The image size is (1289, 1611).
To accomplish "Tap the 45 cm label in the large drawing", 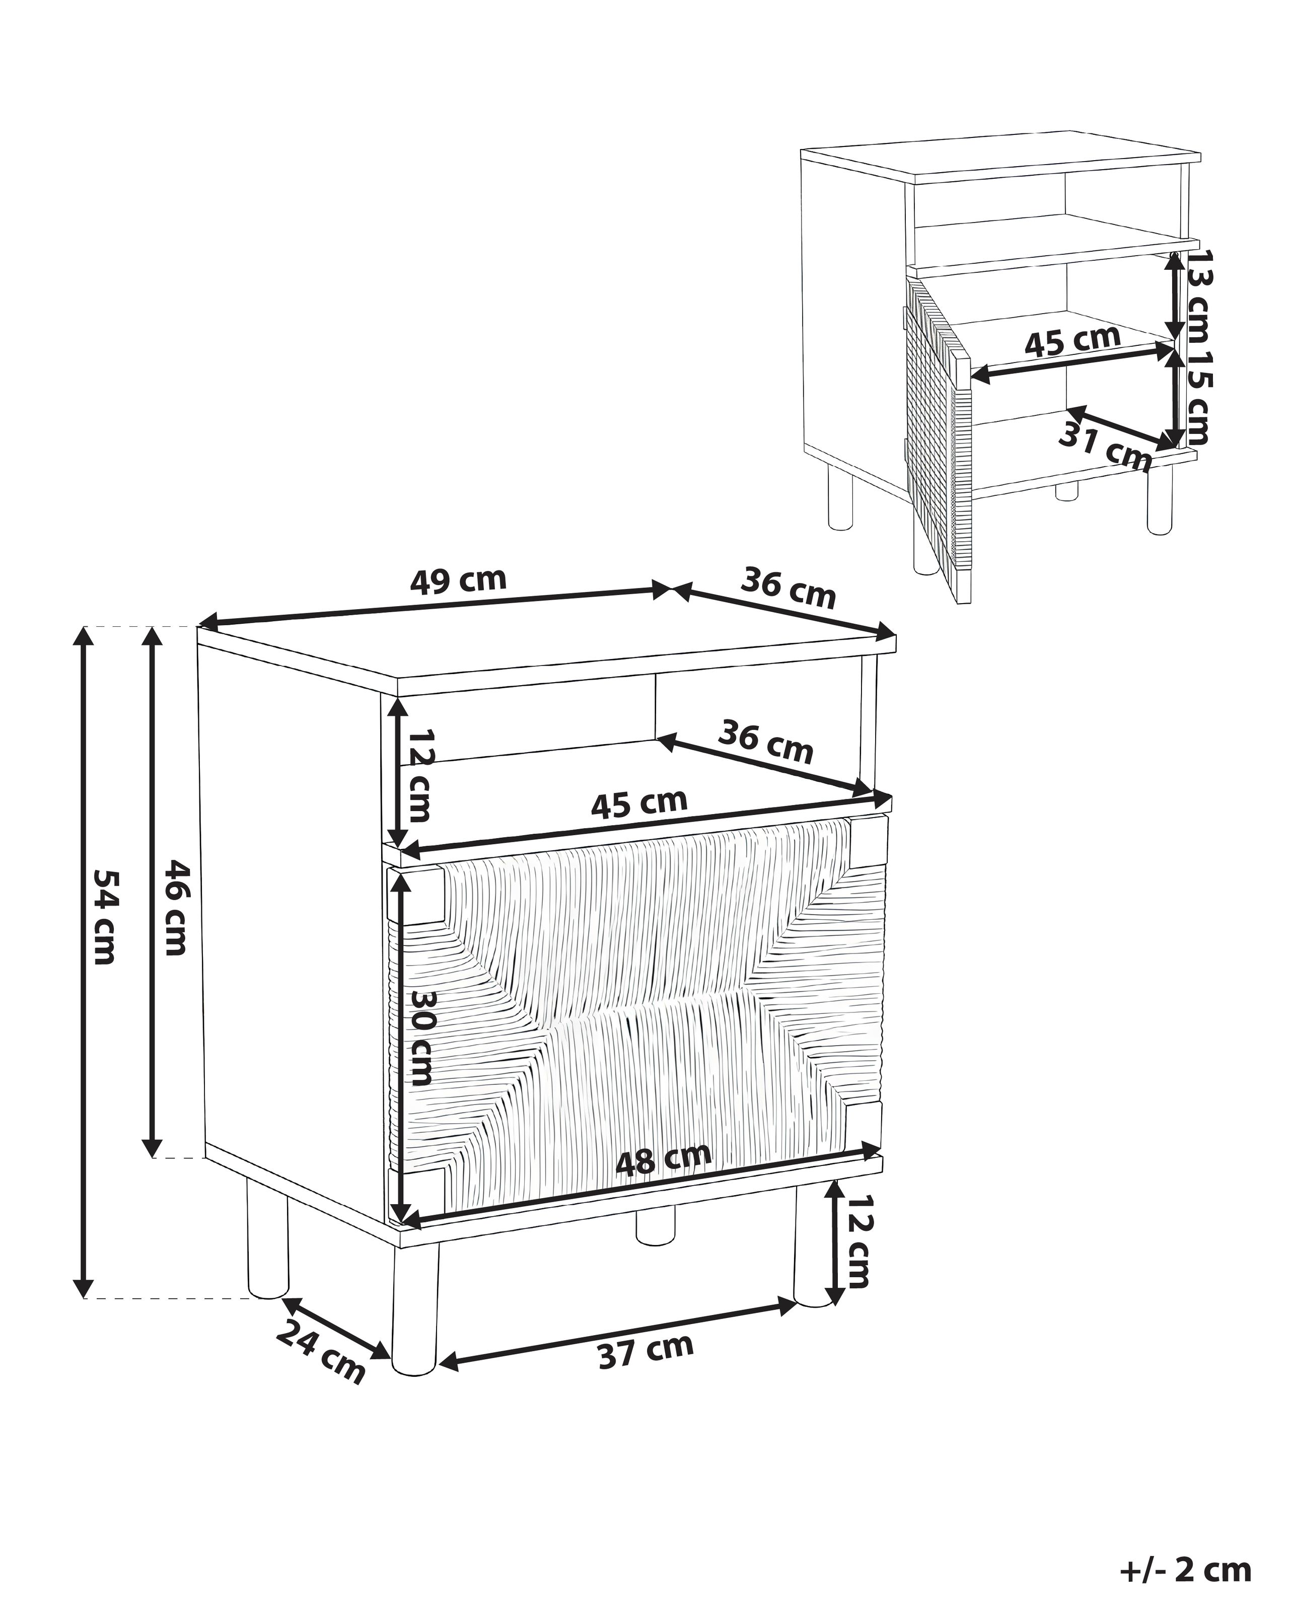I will [x=639, y=804].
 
